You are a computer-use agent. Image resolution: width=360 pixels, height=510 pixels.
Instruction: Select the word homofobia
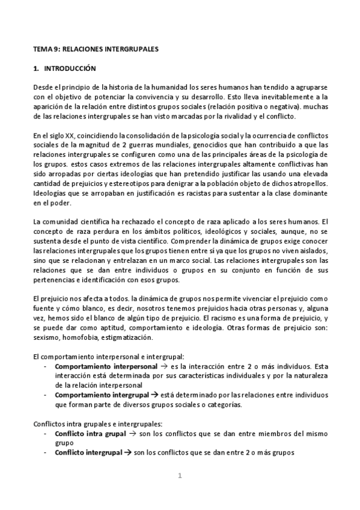click(85, 337)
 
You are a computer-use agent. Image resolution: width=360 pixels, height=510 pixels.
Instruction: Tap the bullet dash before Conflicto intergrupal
click(47, 453)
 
